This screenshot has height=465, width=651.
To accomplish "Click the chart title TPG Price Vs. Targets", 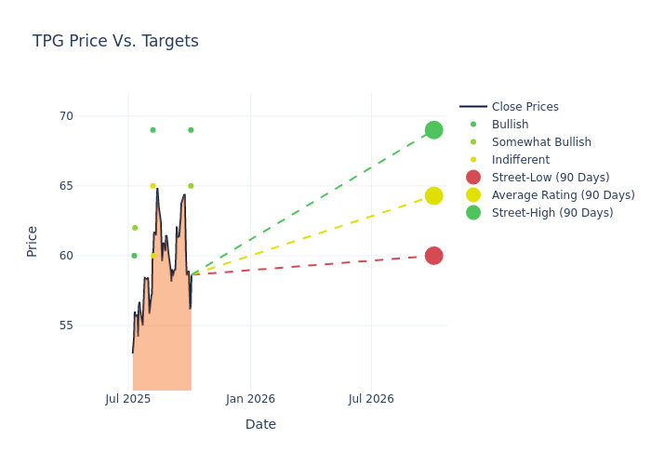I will (x=115, y=41).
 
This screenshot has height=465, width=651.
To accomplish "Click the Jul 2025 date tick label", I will (x=128, y=399).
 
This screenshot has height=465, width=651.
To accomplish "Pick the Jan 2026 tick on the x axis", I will (x=250, y=399).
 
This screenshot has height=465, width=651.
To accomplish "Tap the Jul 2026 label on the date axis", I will (x=371, y=399).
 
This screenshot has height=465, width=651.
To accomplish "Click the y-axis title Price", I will (x=33, y=241).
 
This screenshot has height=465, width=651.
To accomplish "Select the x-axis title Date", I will (x=260, y=424).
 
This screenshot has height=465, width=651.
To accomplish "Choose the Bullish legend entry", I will (x=510, y=125).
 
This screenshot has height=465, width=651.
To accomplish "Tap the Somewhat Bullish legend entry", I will (x=541, y=142).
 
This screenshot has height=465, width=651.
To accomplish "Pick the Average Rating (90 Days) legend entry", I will (x=563, y=195).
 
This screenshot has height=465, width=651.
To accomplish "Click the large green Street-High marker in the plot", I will (x=433, y=130).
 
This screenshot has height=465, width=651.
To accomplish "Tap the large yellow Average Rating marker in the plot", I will (x=433, y=195).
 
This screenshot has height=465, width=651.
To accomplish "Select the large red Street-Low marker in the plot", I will (x=433, y=256).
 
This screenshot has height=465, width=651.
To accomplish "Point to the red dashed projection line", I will (x=316, y=265).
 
